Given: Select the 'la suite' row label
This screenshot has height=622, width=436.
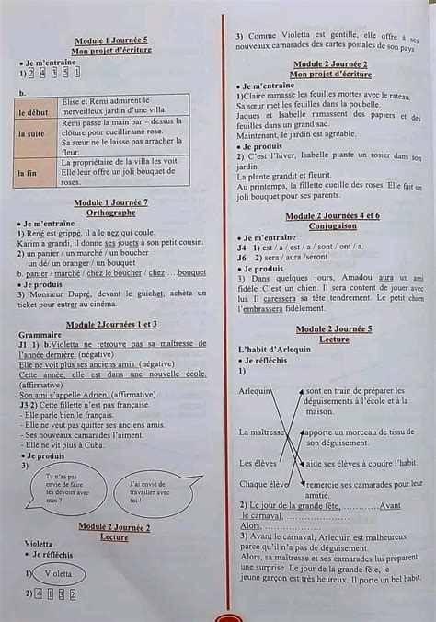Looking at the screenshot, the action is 36,134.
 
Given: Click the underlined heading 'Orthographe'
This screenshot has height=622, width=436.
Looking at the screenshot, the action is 110,211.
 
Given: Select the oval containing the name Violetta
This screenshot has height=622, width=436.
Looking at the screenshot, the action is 57,572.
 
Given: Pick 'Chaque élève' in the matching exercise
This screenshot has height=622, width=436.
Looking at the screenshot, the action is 264,483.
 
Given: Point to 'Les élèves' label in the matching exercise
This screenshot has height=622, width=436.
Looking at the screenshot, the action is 258,463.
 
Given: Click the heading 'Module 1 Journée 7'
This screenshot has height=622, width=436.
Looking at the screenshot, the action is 110,202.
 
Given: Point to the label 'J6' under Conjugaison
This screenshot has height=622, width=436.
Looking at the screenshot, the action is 242,257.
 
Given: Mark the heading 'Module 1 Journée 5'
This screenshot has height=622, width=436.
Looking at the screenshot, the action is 110,41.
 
